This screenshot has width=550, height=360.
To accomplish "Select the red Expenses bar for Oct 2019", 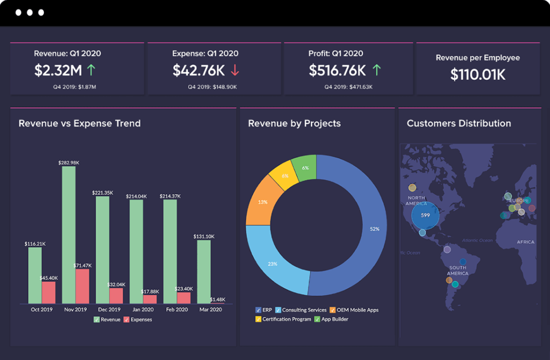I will click(48, 292).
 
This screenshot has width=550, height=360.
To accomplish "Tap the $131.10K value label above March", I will click(204, 236).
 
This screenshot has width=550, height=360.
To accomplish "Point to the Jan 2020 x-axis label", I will click(143, 309).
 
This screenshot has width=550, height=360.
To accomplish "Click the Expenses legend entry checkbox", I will click(127, 320).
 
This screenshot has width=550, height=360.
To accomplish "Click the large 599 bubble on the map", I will click(425, 215).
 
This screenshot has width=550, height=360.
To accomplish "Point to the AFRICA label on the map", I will click(525, 242).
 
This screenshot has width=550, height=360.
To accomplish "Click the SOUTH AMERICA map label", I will click(458, 270).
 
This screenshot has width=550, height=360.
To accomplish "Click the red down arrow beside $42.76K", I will click(235, 70).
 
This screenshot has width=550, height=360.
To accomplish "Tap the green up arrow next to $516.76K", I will click(377, 70).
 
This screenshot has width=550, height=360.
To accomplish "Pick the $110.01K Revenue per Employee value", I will click(477, 75).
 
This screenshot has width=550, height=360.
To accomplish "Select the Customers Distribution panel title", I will click(459, 124).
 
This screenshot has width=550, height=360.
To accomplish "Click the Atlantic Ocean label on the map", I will click(477, 240).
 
